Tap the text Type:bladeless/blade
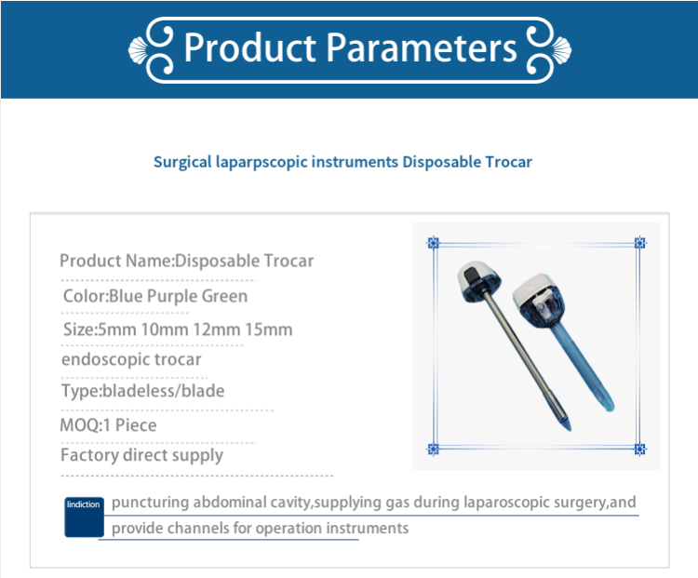pos(142,391)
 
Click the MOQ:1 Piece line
pos(108,425)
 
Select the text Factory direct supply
pos(141,455)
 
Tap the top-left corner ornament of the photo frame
pos(433,243)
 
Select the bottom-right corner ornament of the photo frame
pos(639,449)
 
